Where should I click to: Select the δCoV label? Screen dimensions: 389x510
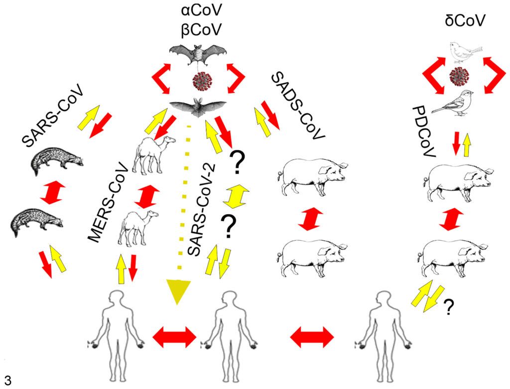(465, 20)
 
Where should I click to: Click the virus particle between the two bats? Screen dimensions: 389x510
(202, 81)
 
